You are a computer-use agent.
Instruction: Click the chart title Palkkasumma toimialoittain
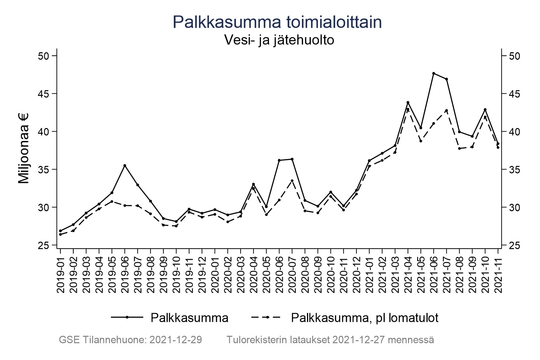pos(277,22)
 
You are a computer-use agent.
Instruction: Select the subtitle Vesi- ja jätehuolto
pos(279,40)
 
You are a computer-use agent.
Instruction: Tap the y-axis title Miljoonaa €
pos(24,148)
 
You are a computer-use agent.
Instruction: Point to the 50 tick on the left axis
pos(44,56)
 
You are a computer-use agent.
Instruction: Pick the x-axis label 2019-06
pos(125,274)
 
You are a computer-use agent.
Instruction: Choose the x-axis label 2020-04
pos(253,274)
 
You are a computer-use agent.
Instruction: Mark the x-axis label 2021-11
pos(498,274)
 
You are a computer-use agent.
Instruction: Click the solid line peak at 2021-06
pos(434,73)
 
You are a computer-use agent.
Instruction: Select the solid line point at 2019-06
pos(125,165)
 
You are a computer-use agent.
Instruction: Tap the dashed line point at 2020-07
pos(292,181)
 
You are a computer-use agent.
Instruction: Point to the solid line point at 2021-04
pos(408,102)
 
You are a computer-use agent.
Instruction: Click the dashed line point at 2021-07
pos(447,110)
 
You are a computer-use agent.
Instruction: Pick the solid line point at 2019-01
pos(60,231)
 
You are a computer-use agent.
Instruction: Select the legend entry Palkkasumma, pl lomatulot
pos(364,318)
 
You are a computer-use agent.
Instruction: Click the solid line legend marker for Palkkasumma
pos(127,317)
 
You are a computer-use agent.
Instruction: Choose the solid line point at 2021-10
pos(485,110)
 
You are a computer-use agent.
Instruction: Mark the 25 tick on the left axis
pos(44,245)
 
